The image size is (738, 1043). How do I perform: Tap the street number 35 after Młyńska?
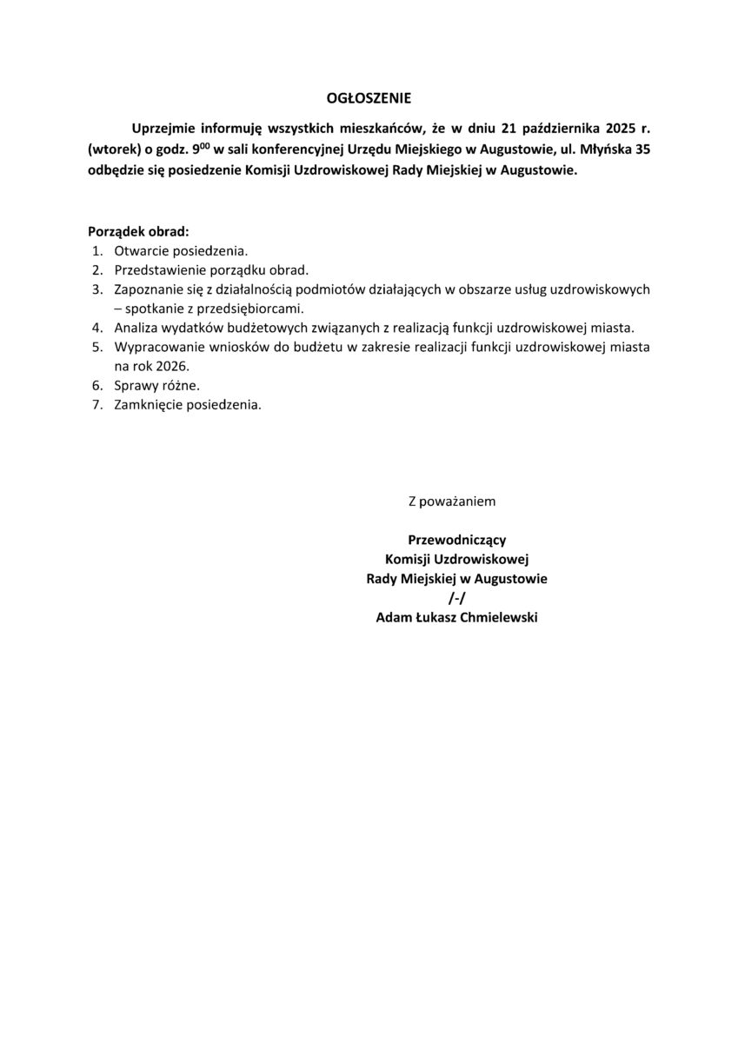(x=642, y=149)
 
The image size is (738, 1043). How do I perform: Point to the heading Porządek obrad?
(x=138, y=232)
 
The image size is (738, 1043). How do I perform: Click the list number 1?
(x=96, y=250)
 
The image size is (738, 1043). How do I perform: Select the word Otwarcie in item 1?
(x=139, y=250)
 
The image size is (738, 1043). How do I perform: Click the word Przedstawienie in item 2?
(x=157, y=269)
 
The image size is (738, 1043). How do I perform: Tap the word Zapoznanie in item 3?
(x=146, y=289)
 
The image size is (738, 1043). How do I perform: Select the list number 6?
(x=96, y=385)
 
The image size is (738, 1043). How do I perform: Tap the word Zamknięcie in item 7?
(x=146, y=405)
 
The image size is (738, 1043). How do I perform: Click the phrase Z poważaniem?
(x=452, y=502)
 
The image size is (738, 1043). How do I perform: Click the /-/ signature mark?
(x=456, y=598)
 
